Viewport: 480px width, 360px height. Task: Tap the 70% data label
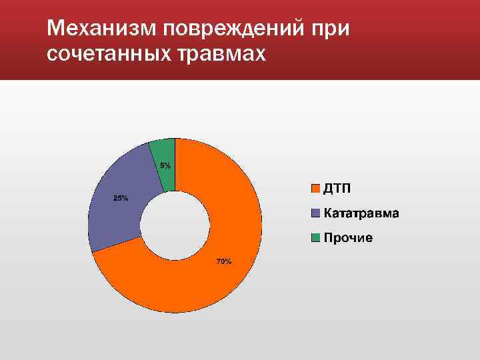click(x=223, y=261)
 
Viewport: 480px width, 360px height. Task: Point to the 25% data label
click(x=121, y=198)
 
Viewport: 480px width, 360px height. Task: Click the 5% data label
click(x=165, y=165)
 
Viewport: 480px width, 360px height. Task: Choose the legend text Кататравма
click(x=361, y=213)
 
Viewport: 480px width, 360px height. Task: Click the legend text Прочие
click(x=348, y=238)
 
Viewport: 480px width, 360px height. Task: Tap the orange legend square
click(x=316, y=189)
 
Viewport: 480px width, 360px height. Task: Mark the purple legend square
click(x=316, y=213)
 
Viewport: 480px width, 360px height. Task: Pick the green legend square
click(x=316, y=238)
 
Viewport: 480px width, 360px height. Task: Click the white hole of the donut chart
click(x=175, y=225)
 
